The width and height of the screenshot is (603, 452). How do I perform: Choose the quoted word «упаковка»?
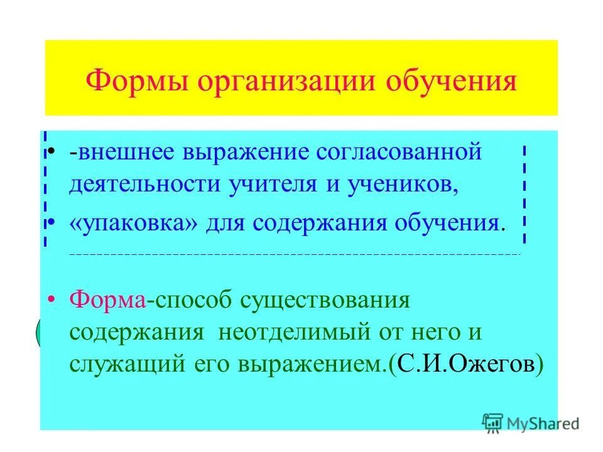point(132,223)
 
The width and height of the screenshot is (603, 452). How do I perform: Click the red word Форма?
point(107,299)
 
